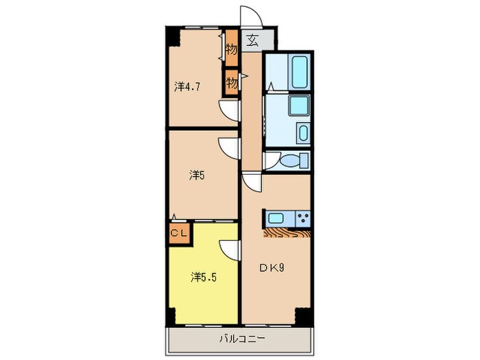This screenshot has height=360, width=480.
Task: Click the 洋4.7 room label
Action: (187, 87)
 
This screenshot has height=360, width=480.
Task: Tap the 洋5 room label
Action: (197, 175)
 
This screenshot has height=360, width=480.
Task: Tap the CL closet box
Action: (180, 232)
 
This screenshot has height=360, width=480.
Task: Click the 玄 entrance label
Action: (252, 39)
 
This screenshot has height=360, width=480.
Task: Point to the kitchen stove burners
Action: (302, 219)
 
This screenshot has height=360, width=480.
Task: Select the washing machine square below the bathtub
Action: (298, 106)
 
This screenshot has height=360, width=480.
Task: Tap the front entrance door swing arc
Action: (248, 19)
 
